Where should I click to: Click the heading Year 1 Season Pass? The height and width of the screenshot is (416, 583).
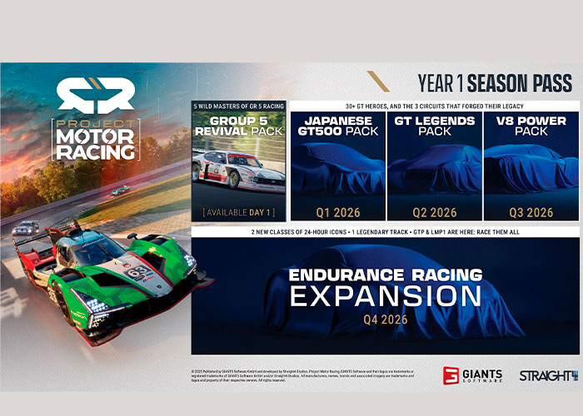point(495,82)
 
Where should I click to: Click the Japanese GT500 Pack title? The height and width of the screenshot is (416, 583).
point(337,125)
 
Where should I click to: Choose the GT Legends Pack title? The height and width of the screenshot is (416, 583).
point(434,125)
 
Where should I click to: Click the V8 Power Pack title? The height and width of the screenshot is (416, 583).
point(531,125)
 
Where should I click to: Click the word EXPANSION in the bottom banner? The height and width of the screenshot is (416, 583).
point(385,295)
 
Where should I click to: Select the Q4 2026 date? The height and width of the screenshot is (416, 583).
point(384,319)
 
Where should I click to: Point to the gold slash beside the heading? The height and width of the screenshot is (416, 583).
point(379,82)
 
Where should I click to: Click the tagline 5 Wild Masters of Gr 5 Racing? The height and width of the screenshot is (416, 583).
point(239,106)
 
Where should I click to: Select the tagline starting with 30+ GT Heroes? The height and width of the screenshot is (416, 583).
point(433,106)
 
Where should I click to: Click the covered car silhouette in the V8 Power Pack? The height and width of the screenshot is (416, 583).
point(531,166)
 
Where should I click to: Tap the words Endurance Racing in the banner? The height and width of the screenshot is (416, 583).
point(385,275)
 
